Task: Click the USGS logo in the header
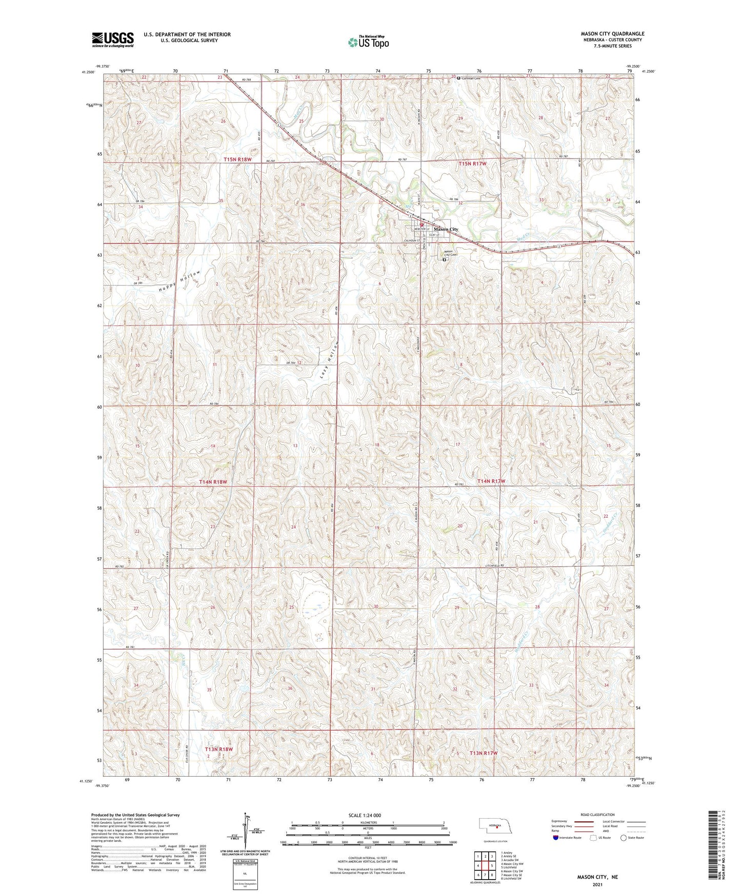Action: point(113,39)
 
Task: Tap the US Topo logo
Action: point(368,42)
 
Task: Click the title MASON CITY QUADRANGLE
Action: point(612,34)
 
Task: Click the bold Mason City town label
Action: point(446,229)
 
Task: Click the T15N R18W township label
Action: point(237,159)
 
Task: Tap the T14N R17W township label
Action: point(491,481)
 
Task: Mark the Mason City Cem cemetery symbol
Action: point(444,260)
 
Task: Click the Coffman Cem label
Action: point(471,78)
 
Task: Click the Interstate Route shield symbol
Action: point(556,838)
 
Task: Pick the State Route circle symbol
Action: point(624,838)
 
